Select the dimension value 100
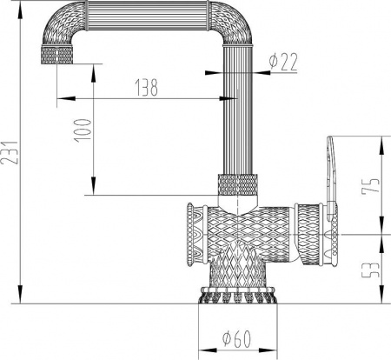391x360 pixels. point(83,131)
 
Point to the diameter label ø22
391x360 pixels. point(283,62)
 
